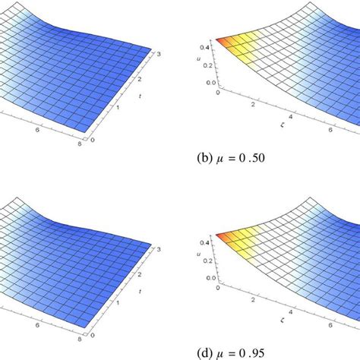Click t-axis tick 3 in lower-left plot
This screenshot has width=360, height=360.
[156, 248]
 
